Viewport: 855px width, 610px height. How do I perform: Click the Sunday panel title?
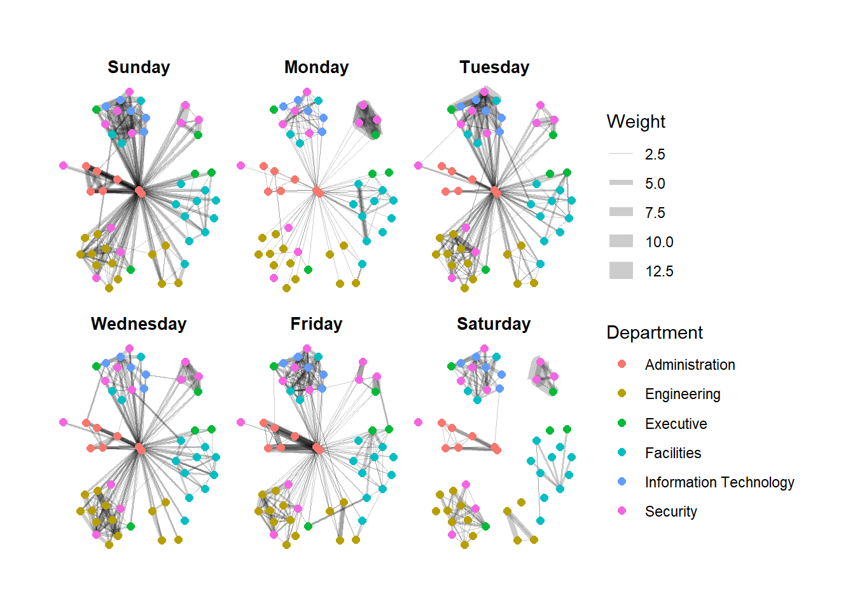pos(139,67)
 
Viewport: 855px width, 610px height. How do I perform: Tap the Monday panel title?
pos(316,67)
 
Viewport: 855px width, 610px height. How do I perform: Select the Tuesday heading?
pos(494,67)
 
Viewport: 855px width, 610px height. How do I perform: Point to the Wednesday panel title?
pos(139,324)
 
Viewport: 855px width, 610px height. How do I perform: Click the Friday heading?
pos(316,324)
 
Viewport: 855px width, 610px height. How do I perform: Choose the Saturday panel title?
pos(494,324)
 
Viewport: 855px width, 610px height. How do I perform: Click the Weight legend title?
pos(636,121)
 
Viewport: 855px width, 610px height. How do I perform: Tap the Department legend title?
pos(655,332)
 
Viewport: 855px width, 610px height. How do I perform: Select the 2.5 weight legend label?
pos(655,154)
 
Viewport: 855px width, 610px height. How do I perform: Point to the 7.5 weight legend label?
pos(655,213)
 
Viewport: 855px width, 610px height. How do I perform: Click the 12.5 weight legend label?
pos(659,271)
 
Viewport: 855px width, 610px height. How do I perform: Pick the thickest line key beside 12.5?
pos(621,271)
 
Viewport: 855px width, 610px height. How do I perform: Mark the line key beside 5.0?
pos(621,183)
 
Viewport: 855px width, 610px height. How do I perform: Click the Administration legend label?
pos(690,365)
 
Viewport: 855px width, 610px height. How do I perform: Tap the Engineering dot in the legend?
pos(622,394)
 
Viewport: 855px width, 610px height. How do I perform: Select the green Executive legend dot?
pos(622,423)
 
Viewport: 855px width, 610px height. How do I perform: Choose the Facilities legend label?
pos(672,453)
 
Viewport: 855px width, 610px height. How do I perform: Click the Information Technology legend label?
pos(719,482)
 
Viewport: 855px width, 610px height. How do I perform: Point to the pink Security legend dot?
pos(622,511)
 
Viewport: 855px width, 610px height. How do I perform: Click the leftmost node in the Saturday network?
pos(418,422)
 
